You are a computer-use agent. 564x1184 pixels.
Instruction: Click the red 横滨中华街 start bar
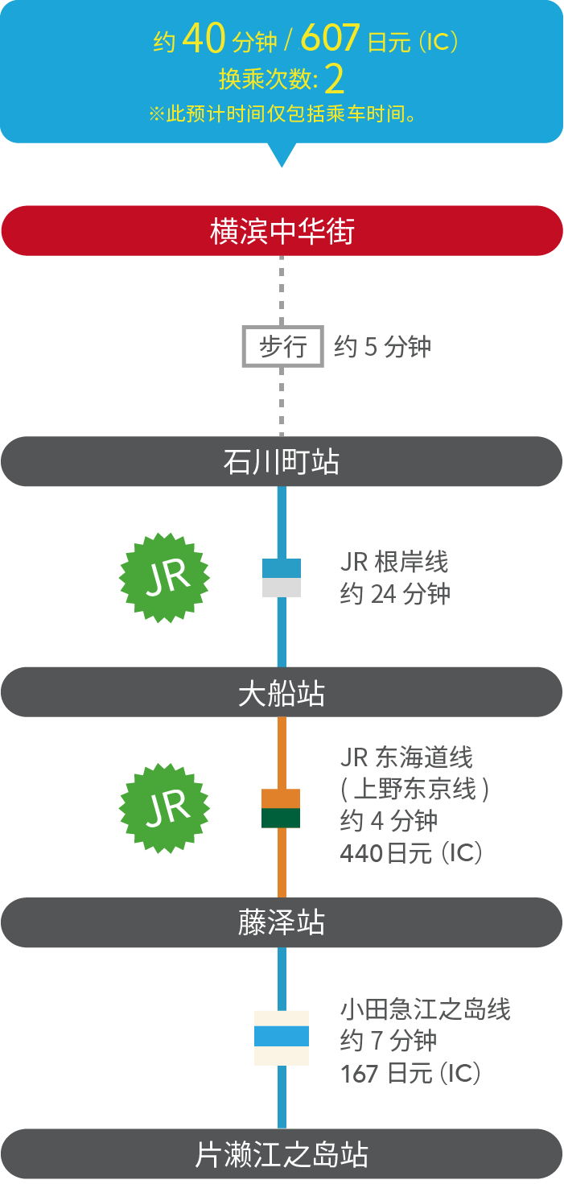coord(282,231)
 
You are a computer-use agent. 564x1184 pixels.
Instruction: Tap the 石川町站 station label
coord(282,462)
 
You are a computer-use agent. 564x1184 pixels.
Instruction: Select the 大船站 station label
coord(282,693)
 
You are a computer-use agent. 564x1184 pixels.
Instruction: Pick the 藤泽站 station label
coord(282,922)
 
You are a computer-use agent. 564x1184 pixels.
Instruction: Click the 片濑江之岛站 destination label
coord(282,1154)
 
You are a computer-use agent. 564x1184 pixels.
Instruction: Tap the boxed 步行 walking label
coord(283,347)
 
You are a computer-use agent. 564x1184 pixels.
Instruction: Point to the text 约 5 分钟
coord(383,347)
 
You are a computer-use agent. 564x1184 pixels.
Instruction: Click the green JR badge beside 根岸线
coord(164,577)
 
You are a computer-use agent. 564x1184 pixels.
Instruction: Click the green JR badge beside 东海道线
coord(164,808)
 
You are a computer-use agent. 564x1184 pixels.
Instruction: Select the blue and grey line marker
coord(282,578)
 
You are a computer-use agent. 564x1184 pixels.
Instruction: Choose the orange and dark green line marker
coord(282,808)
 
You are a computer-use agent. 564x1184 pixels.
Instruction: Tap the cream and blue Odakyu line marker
coord(282,1038)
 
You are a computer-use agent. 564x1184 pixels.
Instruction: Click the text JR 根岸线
coord(394,561)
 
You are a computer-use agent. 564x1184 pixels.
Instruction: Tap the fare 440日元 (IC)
coord(411,853)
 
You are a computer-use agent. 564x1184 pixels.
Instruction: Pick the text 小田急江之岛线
coord(426,1009)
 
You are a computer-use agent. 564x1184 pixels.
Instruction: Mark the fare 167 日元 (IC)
coord(410,1074)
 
